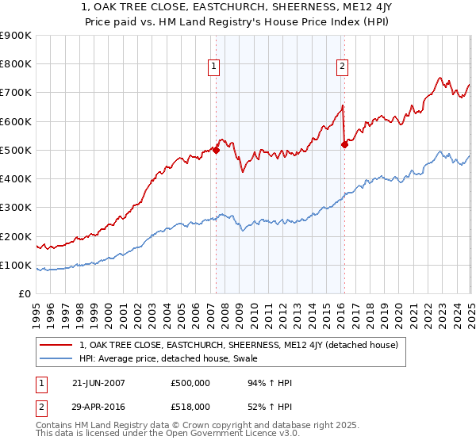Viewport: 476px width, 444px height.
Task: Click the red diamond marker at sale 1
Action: click(x=216, y=150)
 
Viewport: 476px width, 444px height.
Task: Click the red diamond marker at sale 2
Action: click(x=344, y=144)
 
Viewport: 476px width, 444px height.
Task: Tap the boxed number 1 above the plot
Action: click(x=215, y=67)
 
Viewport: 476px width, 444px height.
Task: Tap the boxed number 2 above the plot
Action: click(x=342, y=67)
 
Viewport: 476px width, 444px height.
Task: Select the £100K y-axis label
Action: click(x=16, y=265)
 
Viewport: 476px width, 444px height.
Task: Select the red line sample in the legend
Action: click(x=57, y=344)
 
